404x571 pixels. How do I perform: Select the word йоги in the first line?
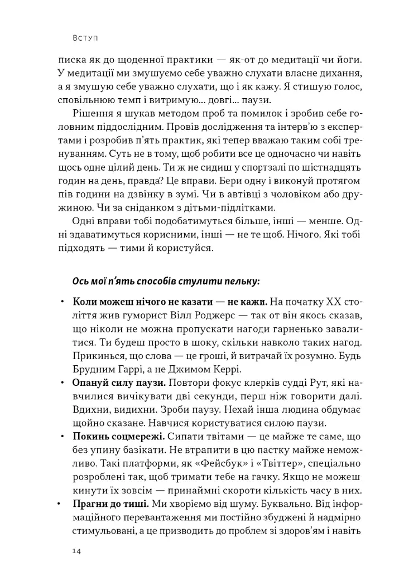click(349, 59)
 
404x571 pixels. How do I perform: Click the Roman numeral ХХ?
click(331, 302)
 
